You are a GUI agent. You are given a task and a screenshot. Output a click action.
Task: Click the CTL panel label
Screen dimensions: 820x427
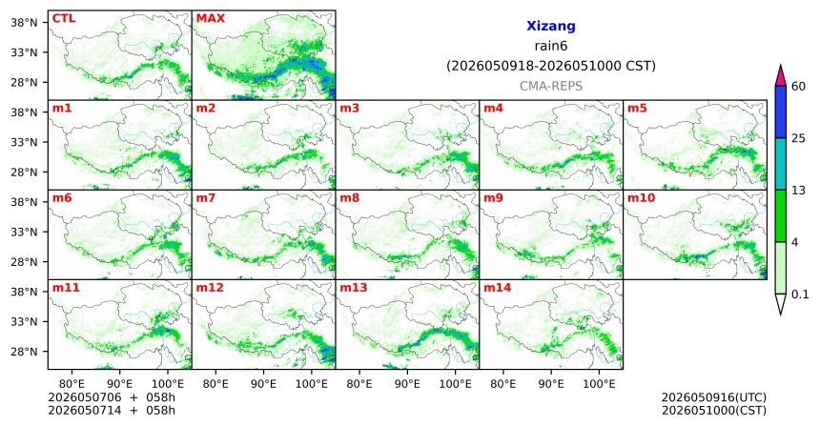64,18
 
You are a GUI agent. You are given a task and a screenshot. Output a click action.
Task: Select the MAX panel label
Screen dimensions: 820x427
210,18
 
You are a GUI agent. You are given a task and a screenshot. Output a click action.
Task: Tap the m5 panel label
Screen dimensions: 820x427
637,109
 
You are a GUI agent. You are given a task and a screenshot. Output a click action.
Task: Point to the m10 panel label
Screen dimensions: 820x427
641,198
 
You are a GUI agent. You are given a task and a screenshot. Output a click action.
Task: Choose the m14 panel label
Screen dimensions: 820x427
497,288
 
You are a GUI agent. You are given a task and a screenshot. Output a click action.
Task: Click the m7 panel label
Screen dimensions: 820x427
206,198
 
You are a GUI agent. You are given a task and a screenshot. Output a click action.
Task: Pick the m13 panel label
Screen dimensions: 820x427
354,288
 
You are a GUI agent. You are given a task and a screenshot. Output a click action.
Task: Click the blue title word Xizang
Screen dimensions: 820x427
551,26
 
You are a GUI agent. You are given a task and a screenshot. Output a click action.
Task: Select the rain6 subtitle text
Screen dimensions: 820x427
551,46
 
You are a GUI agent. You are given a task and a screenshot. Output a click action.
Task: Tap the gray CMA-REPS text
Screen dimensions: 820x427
551,86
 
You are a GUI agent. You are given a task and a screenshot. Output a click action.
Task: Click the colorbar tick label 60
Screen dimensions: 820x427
799,86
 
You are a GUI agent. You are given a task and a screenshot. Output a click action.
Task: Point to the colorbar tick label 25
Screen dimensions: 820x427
799,138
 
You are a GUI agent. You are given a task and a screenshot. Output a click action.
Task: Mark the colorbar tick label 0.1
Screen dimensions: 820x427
800,295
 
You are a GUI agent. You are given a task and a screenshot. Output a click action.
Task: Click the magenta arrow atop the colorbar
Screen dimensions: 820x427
781,76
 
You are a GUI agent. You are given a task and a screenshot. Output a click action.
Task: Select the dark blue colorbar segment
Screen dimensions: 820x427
781,112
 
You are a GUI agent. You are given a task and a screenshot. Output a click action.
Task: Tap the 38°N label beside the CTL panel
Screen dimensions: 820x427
24,23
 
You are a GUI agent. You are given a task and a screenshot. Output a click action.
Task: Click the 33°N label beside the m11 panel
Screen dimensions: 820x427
24,321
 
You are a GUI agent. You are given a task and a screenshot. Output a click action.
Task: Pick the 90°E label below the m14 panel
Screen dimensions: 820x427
551,385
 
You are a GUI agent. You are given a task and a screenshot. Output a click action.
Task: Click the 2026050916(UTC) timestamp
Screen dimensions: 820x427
714,398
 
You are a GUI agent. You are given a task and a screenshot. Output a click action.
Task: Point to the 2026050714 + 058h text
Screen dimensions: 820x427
112,410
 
